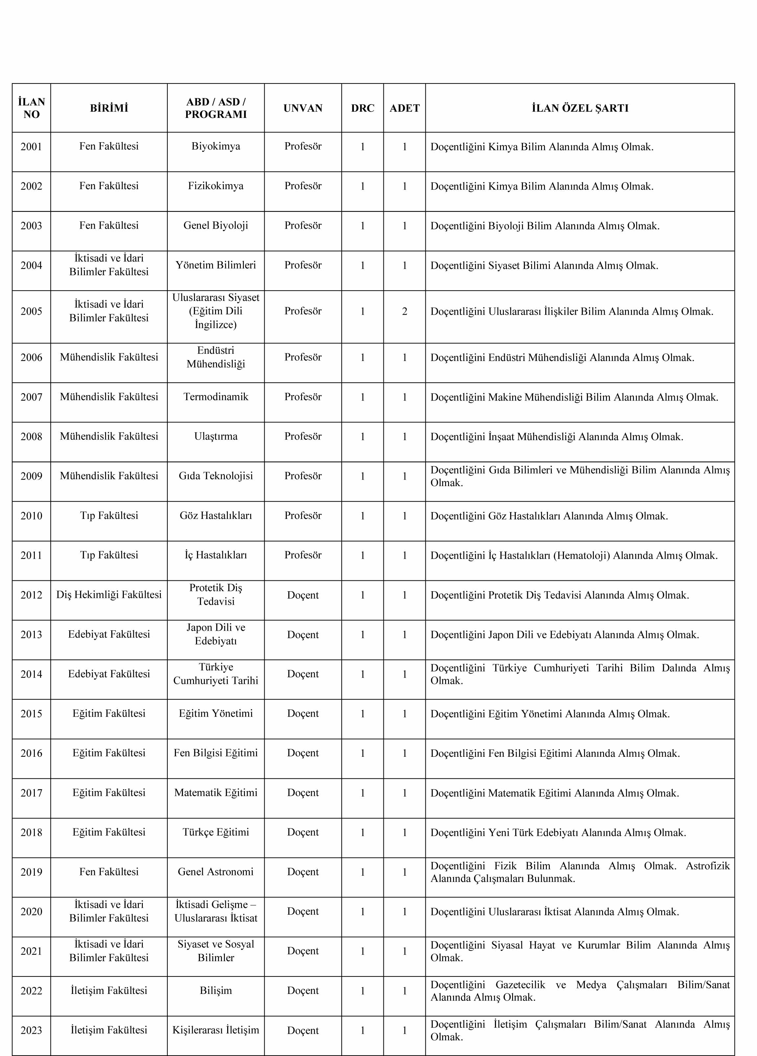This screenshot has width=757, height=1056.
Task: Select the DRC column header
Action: tap(362, 108)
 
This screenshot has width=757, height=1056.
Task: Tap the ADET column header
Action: tap(404, 108)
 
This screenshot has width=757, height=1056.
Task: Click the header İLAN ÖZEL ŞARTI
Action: tap(580, 108)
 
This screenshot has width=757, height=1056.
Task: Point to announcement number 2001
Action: tap(31, 147)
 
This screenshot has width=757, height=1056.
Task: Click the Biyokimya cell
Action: tap(215, 146)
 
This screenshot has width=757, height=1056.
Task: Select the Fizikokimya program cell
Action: tap(215, 186)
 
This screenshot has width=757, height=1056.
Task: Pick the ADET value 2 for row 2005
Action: tap(404, 311)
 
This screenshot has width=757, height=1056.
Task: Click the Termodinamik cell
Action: tap(215, 397)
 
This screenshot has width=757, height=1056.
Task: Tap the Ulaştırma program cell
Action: tap(215, 436)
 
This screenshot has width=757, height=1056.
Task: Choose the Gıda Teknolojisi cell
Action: tap(215, 476)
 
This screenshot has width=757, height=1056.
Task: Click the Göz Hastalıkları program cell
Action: tap(215, 515)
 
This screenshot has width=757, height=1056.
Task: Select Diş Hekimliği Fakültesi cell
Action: tap(109, 595)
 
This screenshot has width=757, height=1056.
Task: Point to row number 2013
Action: tap(31, 634)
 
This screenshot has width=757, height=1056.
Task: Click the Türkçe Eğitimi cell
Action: tap(215, 832)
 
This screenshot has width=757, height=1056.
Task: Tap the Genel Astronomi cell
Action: tap(215, 872)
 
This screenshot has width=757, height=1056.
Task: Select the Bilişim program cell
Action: tap(215, 990)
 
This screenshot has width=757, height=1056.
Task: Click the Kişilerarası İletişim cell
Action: tap(215, 1030)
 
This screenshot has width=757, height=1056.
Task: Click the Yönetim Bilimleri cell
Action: tap(215, 265)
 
